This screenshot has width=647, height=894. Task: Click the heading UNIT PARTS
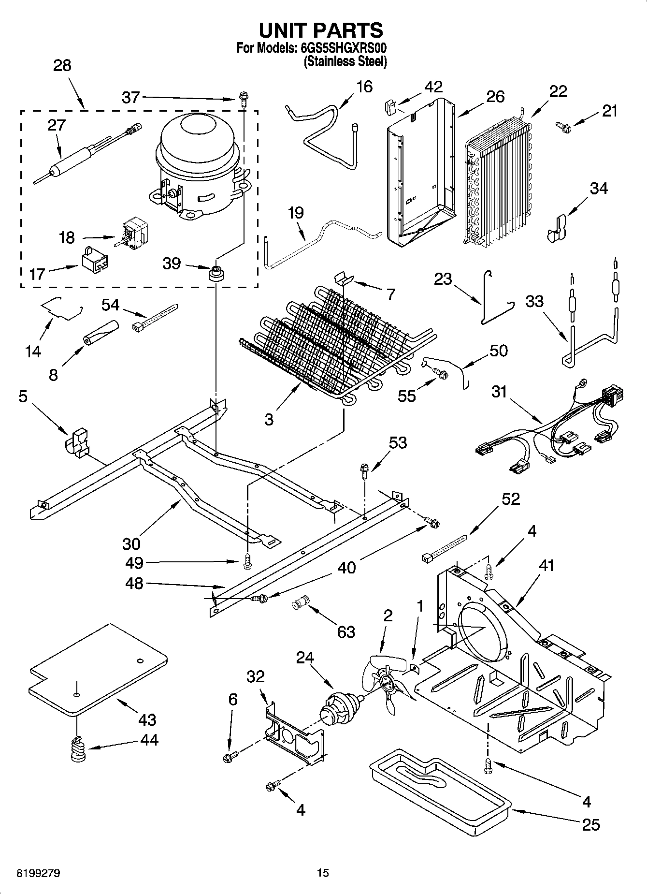click(321, 30)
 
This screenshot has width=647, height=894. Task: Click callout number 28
click(62, 65)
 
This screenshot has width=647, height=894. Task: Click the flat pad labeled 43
click(99, 668)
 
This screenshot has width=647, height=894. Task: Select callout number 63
click(346, 631)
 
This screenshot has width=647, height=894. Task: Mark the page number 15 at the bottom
click(323, 873)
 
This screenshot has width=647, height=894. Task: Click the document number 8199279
click(39, 873)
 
